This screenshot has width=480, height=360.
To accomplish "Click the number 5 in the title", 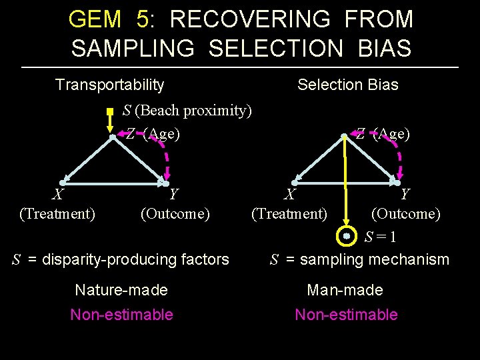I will point(143,19).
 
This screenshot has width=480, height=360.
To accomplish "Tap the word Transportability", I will point(109,85).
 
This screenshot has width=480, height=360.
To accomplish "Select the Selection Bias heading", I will point(347,85).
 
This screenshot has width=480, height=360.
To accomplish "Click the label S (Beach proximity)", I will point(187,110).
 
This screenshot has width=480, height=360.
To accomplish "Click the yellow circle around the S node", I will point(346,236).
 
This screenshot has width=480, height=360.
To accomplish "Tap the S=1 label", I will point(382,237).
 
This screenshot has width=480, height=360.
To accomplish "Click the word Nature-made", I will point(121,290).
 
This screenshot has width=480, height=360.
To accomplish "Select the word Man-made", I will point(345,290).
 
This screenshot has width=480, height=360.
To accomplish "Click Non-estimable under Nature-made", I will point(121,315).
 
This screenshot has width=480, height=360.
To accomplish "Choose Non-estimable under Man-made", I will point(346,315).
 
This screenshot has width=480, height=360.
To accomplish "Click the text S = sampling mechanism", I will point(359,259).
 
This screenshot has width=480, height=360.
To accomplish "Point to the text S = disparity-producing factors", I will point(121,259).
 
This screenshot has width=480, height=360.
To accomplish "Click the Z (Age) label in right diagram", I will point(382,134).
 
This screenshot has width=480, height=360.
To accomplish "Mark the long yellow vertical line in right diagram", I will point(346,180).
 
